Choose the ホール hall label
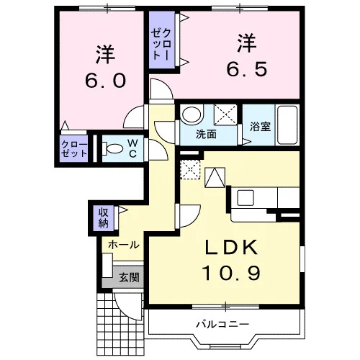coord(124,245)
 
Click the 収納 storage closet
coord(104,217)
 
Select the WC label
coord(134,148)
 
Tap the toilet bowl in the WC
coord(113,148)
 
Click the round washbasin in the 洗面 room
coord(190,115)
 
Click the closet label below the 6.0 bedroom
coord(73,150)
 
